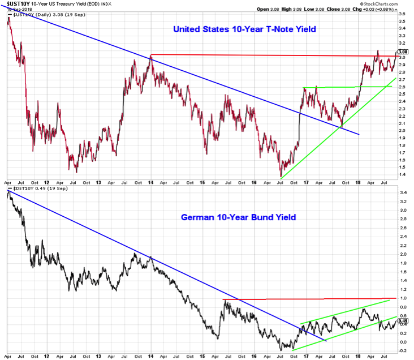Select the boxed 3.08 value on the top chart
pyautogui.click(x=403, y=52)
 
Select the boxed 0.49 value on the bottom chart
pyautogui.click(x=403, y=321)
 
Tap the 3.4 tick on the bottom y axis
pyautogui.click(x=403, y=193)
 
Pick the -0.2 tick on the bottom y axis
pyautogui.click(x=403, y=351)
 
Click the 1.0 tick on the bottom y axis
pyautogui.click(x=403, y=298)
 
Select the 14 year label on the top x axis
pyautogui.click(x=151, y=182)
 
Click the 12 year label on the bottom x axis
pyautogui.click(x=47, y=357)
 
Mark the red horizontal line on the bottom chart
pyautogui.click(x=311, y=298)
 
